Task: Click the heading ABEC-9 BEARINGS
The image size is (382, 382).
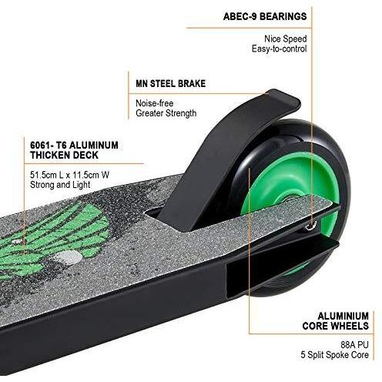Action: (265, 16)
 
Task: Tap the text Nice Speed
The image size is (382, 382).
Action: (286, 39)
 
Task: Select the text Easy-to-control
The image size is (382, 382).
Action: (279, 49)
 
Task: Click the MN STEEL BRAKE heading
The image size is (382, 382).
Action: (171, 84)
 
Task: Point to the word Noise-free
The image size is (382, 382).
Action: (155, 103)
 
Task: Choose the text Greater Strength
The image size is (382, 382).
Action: (166, 113)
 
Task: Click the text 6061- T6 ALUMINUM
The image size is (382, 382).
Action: (74, 146)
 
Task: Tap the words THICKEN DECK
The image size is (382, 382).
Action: (64, 155)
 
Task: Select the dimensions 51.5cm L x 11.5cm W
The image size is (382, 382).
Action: (69, 175)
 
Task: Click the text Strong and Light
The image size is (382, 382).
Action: (60, 185)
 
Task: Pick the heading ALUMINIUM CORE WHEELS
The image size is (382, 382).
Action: (336, 321)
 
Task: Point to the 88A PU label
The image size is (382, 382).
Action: (354, 344)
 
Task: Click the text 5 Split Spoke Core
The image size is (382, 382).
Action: (335, 355)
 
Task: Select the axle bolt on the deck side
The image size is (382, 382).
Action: (311, 225)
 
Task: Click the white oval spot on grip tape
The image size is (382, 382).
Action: (69, 257)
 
